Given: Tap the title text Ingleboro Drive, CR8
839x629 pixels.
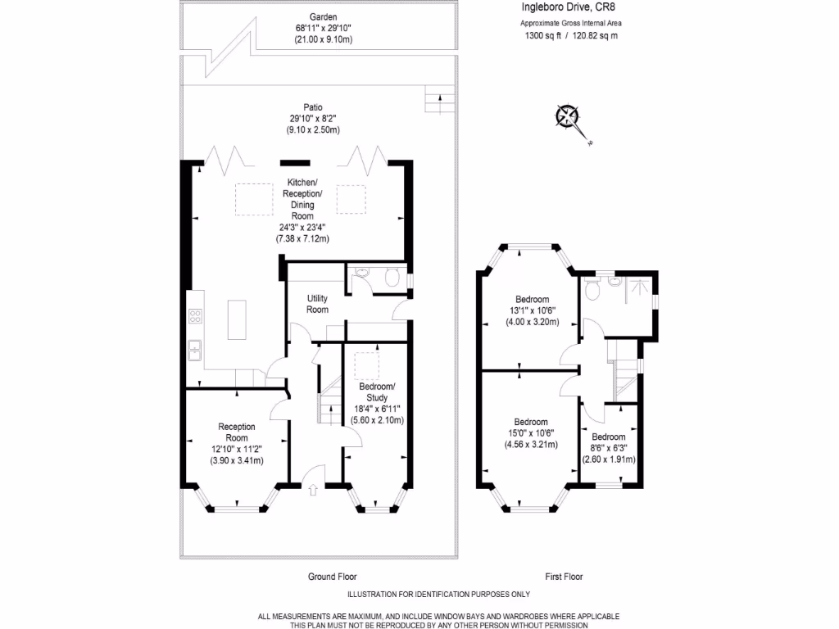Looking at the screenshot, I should tap(568, 7).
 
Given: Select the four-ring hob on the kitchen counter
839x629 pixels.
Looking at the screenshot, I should tap(195, 315).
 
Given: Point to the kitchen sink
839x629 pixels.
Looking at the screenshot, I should tap(196, 351).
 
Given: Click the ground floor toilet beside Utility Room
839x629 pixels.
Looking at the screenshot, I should tap(392, 278).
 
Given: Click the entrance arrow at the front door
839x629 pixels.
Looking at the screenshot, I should tap(314, 491).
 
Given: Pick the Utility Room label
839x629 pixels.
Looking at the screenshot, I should tap(318, 304).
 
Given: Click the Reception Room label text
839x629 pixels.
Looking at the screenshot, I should tap(237, 432).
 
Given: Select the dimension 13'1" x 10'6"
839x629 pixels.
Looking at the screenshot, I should tap(532, 310).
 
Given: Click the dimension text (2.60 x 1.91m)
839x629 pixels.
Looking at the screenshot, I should tap(609, 459).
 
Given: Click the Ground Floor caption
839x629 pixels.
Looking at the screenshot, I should tap(332, 577).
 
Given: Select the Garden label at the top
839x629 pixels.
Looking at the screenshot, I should tap(323, 16).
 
